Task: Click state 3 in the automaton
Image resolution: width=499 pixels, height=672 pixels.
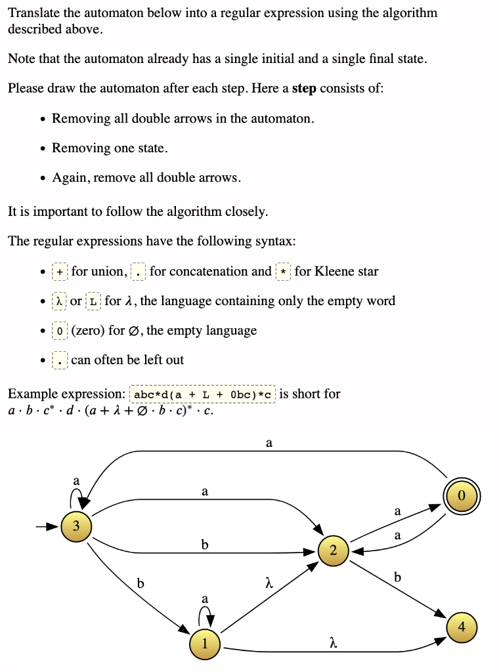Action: [x=77, y=526]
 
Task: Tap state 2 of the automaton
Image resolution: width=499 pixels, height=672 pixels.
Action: [x=334, y=550]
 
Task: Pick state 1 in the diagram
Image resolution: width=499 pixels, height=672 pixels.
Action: [x=205, y=643]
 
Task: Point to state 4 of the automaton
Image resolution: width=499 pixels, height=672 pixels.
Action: [x=462, y=626]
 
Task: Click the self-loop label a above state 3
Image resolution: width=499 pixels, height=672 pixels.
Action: [x=76, y=480]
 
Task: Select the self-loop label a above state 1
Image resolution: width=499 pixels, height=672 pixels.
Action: [x=205, y=598]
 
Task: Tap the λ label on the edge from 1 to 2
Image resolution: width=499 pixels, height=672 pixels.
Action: [x=269, y=582]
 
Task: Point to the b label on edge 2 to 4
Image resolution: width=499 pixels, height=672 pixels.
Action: [x=397, y=577]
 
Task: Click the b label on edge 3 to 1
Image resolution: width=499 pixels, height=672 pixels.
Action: [x=139, y=582]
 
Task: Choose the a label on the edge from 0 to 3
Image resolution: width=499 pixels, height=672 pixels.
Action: [x=269, y=444]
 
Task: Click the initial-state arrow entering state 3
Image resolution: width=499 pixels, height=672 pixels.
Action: [x=49, y=526]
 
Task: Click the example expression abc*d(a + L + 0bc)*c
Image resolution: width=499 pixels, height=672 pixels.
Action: [x=204, y=394]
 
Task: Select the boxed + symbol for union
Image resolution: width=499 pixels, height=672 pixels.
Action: [x=60, y=272]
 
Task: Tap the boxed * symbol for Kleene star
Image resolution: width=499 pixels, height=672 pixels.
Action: [x=283, y=272]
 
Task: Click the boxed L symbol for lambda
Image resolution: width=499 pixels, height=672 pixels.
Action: [x=94, y=301]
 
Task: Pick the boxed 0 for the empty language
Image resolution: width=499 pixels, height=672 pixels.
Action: [x=60, y=331]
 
